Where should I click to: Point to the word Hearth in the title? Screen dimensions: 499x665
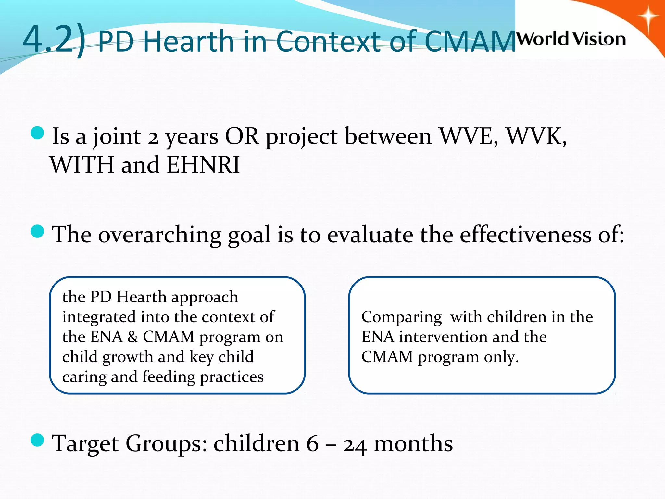click(x=188, y=41)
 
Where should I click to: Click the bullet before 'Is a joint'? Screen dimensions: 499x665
click(x=38, y=133)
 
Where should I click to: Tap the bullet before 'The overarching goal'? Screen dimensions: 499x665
click(x=38, y=231)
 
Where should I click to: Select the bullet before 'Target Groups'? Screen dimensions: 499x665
click(x=38, y=441)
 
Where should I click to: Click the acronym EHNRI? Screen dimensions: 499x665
click(x=203, y=165)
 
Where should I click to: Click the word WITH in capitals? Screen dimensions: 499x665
click(x=82, y=165)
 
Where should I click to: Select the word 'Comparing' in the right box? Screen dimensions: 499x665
click(x=401, y=317)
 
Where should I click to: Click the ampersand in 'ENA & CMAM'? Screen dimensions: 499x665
click(x=132, y=337)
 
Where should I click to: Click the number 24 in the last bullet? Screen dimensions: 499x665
click(x=355, y=445)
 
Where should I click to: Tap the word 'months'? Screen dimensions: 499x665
click(x=413, y=444)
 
